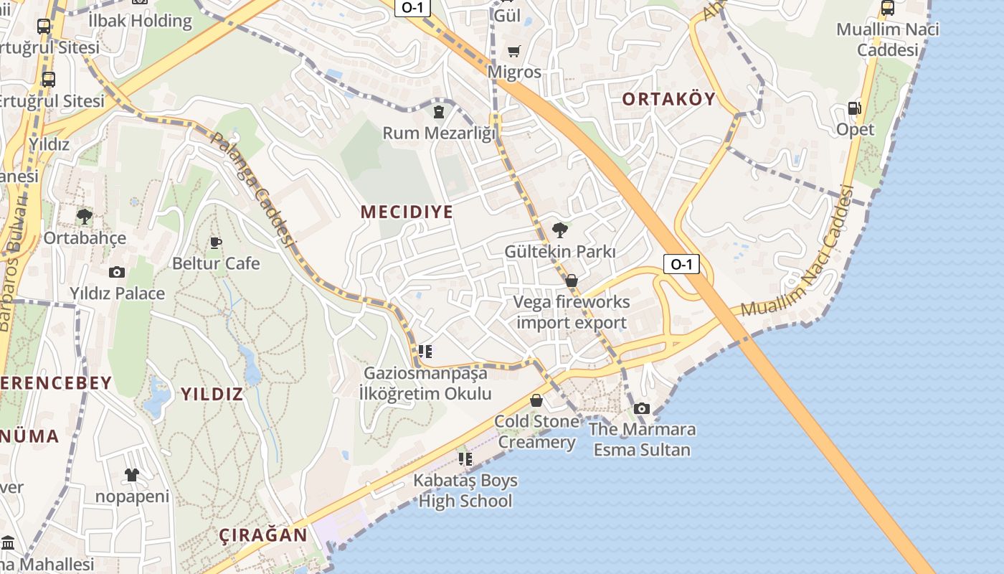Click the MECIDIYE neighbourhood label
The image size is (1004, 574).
pyautogui.click(x=407, y=212)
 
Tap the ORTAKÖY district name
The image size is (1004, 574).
pyautogui.click(x=668, y=99)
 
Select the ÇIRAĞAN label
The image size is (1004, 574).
pyautogui.click(x=263, y=535)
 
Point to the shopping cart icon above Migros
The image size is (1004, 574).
pyautogui.click(x=513, y=51)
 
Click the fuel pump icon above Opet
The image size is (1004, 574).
pyautogui.click(x=854, y=108)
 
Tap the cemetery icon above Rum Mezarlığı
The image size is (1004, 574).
pyautogui.click(x=438, y=112)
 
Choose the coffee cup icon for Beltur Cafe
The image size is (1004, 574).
pyautogui.click(x=216, y=243)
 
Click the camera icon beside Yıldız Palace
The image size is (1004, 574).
pyautogui.click(x=116, y=272)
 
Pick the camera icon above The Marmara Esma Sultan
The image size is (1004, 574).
pyautogui.click(x=642, y=408)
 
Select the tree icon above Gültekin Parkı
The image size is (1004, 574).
pyautogui.click(x=560, y=230)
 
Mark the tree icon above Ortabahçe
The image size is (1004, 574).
pyautogui.click(x=85, y=216)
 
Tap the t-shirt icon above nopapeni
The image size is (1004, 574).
pyautogui.click(x=132, y=474)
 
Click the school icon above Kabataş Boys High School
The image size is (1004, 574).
pyautogui.click(x=465, y=458)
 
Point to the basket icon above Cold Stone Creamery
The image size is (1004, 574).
pyautogui.click(x=536, y=400)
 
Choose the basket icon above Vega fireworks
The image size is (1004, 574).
pyautogui.click(x=572, y=280)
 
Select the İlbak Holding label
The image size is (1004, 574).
pyautogui.click(x=140, y=21)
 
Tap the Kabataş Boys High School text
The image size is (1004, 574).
pyautogui.click(x=465, y=491)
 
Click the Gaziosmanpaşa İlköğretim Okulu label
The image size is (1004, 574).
pyautogui.click(x=426, y=383)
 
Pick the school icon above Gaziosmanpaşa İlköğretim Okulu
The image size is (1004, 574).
pyautogui.click(x=425, y=352)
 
